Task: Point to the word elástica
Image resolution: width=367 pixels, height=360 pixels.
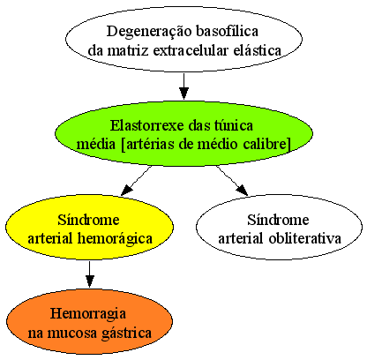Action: coord(258,50)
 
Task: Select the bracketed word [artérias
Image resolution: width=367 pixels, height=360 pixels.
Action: coord(147,145)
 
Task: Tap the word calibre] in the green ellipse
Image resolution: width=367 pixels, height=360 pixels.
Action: coord(267,145)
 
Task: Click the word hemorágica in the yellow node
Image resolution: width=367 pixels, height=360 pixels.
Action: coord(115,238)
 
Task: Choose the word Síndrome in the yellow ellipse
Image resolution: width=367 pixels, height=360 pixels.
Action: coord(88,220)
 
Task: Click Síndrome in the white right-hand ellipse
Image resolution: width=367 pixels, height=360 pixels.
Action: coord(278,220)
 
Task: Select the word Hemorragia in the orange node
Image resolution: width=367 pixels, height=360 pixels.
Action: coord(88,314)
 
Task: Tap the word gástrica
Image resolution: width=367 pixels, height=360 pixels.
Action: coord(126,334)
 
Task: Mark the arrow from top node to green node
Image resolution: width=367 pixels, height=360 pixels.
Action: coord(183,86)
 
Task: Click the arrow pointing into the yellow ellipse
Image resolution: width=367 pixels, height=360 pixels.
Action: coord(136,180)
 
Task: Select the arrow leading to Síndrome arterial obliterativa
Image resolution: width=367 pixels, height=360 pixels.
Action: coord(232,180)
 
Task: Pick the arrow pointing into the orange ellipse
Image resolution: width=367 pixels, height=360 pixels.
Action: coord(90,274)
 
